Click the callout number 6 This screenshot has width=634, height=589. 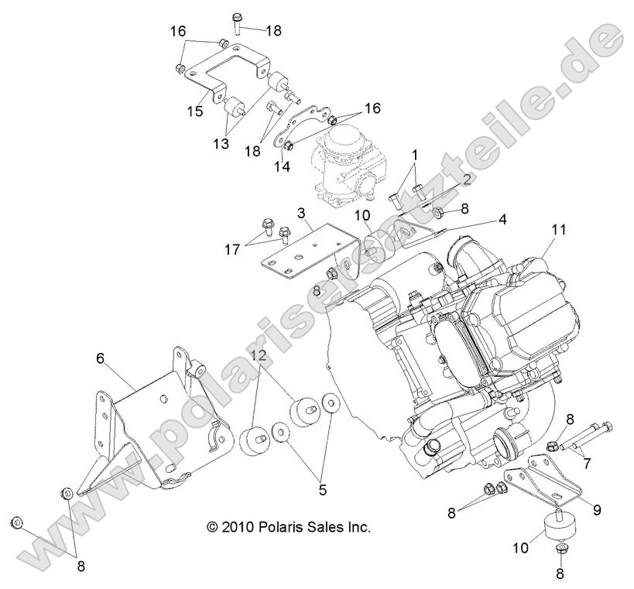pyautogui.click(x=100, y=358)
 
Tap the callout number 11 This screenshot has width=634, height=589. pyautogui.click(x=559, y=230)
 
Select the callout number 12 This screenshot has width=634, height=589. pyautogui.click(x=259, y=355)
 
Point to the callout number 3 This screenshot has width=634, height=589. pyautogui.click(x=301, y=212)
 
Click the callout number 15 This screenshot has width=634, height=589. pyautogui.click(x=194, y=111)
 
